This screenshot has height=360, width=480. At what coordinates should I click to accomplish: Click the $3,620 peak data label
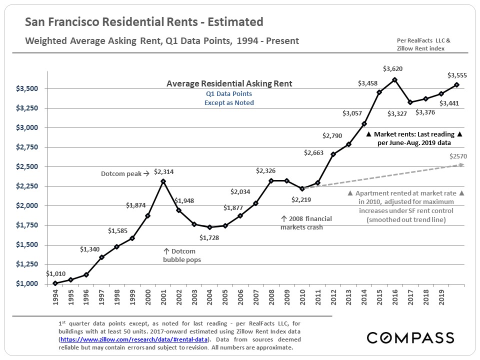[392, 68]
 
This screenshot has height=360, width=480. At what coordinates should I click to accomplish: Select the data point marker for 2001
[163, 181]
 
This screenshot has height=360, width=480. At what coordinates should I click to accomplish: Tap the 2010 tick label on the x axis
[302, 297]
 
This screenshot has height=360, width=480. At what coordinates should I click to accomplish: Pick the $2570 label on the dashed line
[458, 156]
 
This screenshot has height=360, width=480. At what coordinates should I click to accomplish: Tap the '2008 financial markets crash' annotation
[306, 223]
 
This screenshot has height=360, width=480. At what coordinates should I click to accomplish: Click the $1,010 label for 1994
[55, 273]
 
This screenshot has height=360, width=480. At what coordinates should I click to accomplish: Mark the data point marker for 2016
[395, 79]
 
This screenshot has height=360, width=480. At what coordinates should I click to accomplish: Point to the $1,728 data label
[209, 238]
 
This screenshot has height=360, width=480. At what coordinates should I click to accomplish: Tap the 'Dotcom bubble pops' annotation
[179, 255]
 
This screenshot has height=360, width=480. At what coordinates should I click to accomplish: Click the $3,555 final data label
[457, 75]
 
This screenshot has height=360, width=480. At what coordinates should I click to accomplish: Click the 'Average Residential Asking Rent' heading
[229, 84]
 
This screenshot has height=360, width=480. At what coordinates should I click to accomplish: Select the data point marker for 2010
[302, 188]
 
